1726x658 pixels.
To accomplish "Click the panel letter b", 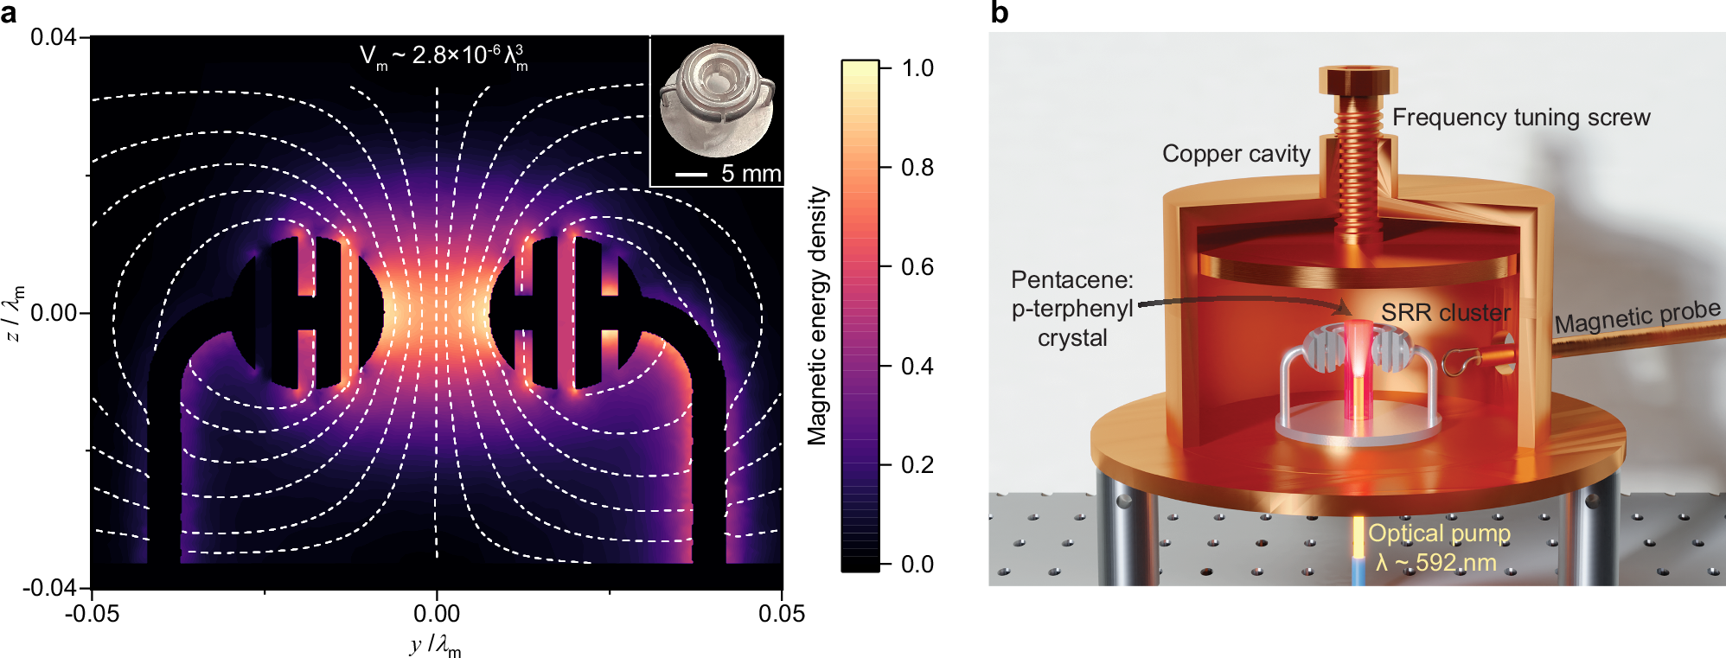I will [999, 13].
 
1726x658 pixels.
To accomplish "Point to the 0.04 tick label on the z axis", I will [53, 38].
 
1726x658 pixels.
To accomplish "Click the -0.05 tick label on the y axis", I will [92, 614].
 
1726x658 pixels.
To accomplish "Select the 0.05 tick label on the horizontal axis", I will [781, 614].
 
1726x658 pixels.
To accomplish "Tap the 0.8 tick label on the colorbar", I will [917, 167].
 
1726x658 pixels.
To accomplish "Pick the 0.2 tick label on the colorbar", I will [917, 465].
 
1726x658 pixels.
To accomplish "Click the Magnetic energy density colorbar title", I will [817, 316].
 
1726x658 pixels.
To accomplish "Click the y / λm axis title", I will [436, 645].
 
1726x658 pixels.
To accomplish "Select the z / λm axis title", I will [15, 313].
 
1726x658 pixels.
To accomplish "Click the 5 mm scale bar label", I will [751, 173].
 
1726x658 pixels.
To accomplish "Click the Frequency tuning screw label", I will [1520, 118].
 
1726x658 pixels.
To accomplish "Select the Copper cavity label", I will [1236, 154].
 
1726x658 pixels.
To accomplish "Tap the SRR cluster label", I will [1445, 312].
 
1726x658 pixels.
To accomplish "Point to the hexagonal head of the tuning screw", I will [1358, 80].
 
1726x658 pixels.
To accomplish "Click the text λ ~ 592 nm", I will [1435, 563].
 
